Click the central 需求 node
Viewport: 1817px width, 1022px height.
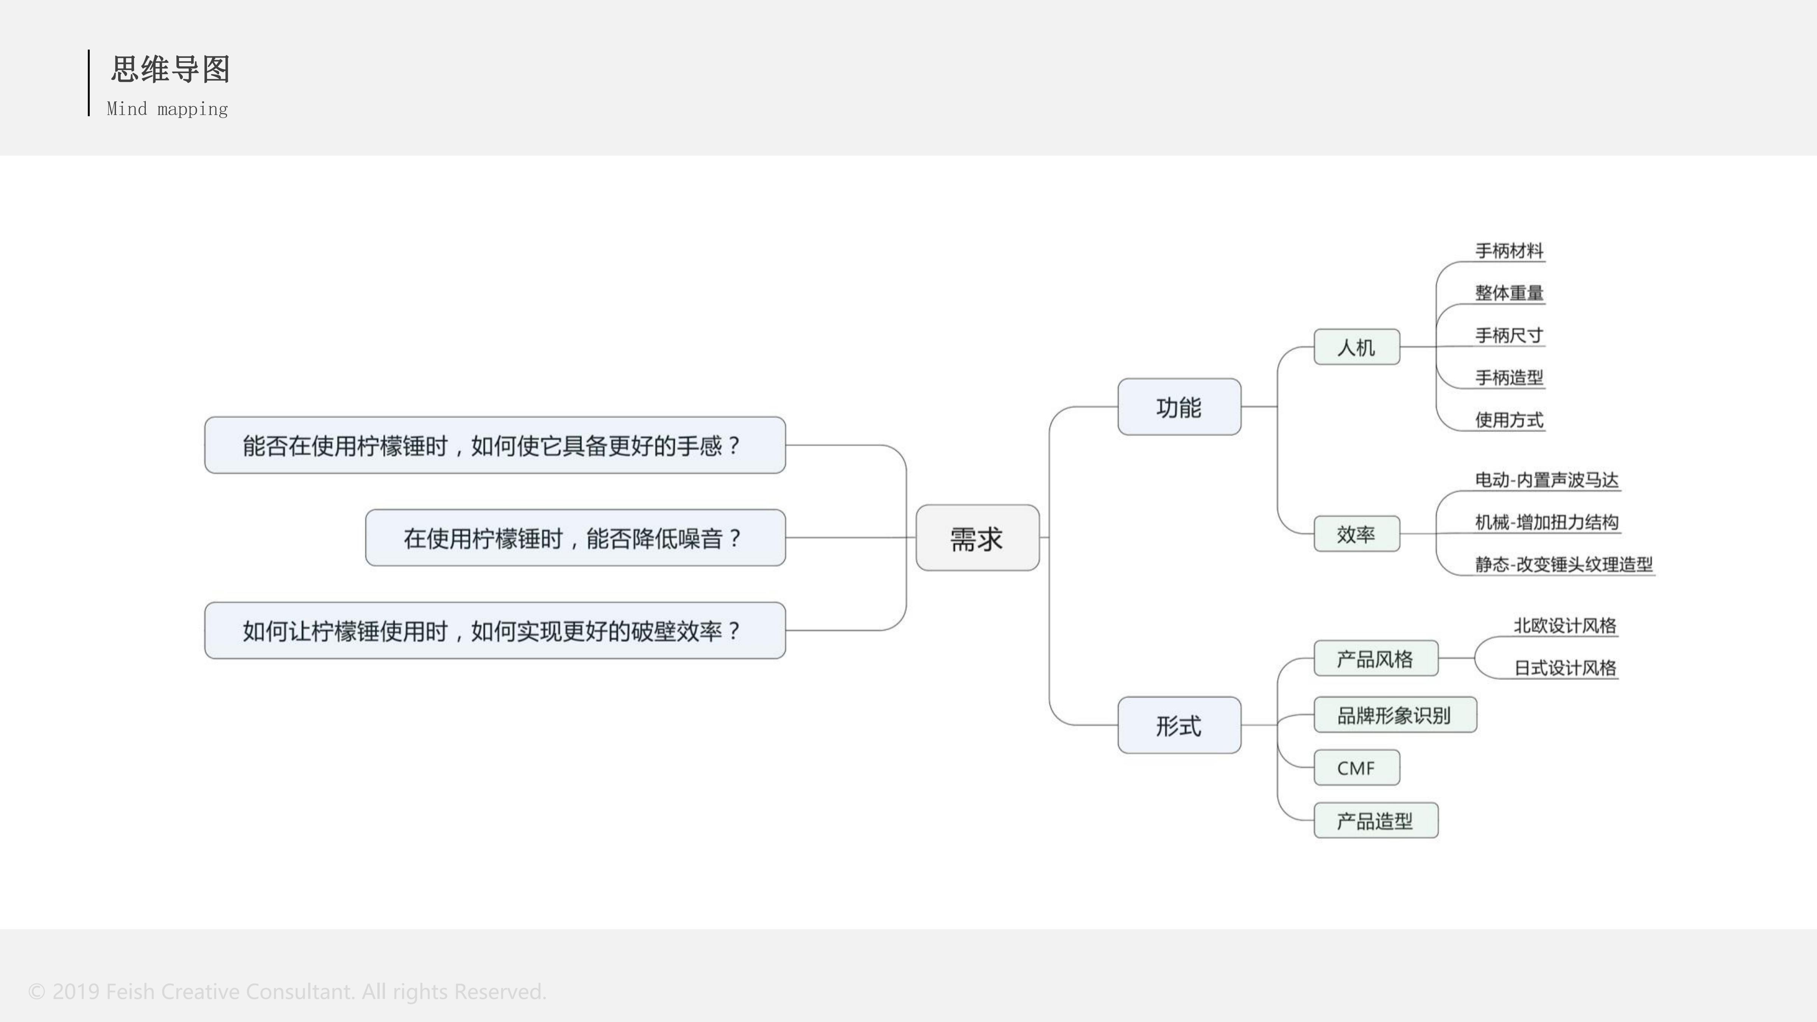[977, 538]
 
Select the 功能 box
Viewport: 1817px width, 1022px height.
[1179, 407]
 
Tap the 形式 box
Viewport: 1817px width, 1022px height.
[1179, 725]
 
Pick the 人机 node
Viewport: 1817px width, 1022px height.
[1356, 347]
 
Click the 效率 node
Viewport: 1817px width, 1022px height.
[1356, 534]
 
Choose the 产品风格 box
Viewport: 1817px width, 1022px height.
[1376, 659]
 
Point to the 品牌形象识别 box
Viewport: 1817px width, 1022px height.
[1395, 715]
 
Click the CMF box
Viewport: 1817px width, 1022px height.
[1356, 767]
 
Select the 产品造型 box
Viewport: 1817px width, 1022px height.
[1376, 820]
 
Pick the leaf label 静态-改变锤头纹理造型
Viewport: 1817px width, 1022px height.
[1564, 564]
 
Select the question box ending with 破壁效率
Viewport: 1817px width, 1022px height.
[494, 631]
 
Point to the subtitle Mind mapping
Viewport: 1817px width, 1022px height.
[167, 109]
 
